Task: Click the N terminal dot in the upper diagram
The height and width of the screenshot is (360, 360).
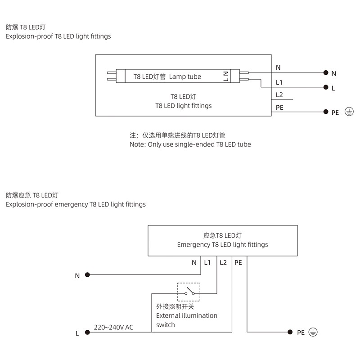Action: (325, 73)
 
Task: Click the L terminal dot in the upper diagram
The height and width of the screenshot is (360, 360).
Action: (325, 87)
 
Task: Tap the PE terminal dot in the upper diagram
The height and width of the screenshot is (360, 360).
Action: (325, 111)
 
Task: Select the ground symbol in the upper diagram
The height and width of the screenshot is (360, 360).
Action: (348, 112)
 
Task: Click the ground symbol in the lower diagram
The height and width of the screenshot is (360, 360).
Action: (314, 332)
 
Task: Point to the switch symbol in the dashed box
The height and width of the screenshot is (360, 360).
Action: (189, 292)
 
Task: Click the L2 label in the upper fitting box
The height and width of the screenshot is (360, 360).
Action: (279, 95)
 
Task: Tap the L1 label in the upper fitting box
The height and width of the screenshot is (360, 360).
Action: (279, 83)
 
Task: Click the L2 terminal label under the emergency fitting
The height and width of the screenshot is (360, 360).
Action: (224, 262)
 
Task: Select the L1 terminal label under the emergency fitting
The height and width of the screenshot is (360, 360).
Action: (207, 262)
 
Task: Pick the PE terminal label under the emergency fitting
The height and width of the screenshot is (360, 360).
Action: (238, 262)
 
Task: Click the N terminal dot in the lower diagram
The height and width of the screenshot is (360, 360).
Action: (88, 274)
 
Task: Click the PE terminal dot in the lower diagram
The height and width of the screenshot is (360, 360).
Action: (289, 332)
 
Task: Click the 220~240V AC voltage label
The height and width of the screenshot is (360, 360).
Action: (113, 327)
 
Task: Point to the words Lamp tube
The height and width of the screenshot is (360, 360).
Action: (185, 77)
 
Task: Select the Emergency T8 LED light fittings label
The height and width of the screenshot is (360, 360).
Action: (222, 245)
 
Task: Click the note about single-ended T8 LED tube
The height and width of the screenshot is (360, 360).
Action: (190, 144)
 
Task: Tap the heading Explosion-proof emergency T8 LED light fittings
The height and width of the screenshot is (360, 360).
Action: (76, 204)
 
